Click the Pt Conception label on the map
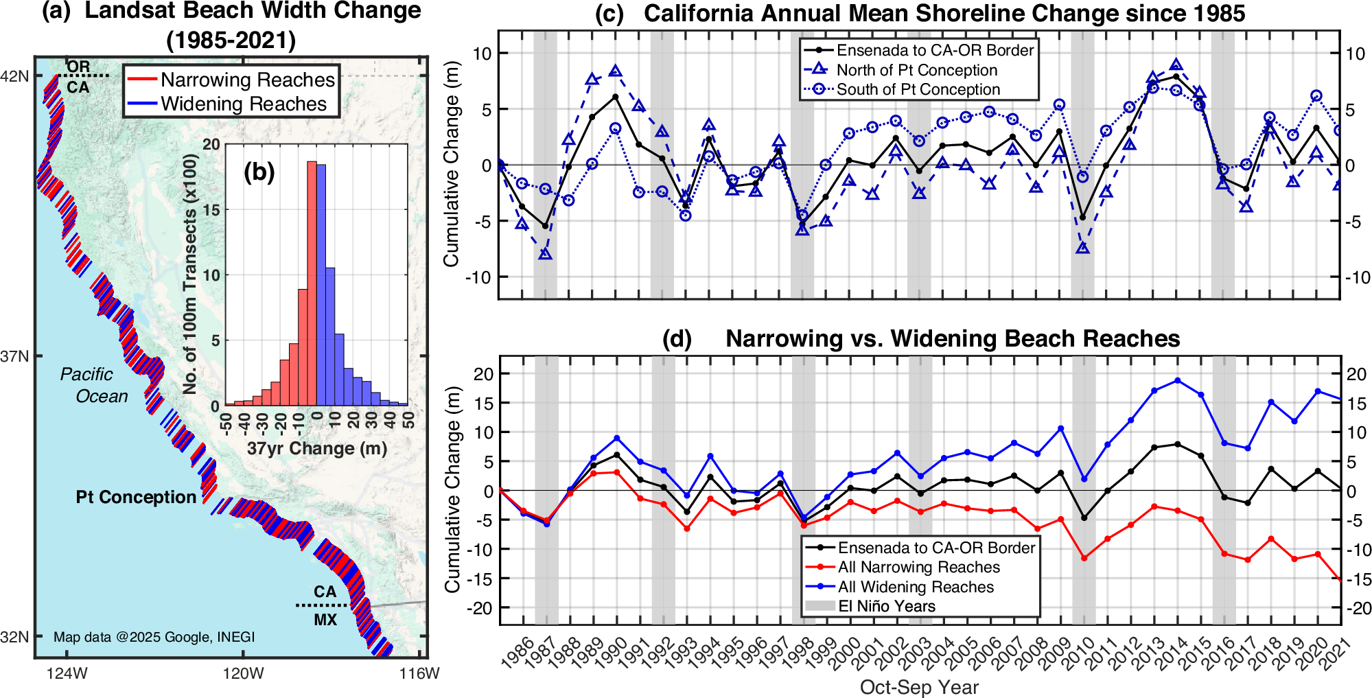(x=136, y=497)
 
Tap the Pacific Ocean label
(x=93, y=385)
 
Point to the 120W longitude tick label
(x=243, y=673)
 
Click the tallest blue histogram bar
(x=321, y=285)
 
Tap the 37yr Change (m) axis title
(x=316, y=449)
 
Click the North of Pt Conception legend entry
(x=916, y=70)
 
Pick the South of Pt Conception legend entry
(x=918, y=89)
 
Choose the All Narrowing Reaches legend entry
(x=918, y=567)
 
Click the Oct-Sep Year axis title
(x=919, y=687)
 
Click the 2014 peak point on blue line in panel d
(x=1178, y=380)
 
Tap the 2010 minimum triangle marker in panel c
(x=1083, y=248)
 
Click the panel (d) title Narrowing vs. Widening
(x=952, y=338)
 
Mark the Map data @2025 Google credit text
(x=154, y=637)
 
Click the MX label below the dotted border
(x=325, y=620)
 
